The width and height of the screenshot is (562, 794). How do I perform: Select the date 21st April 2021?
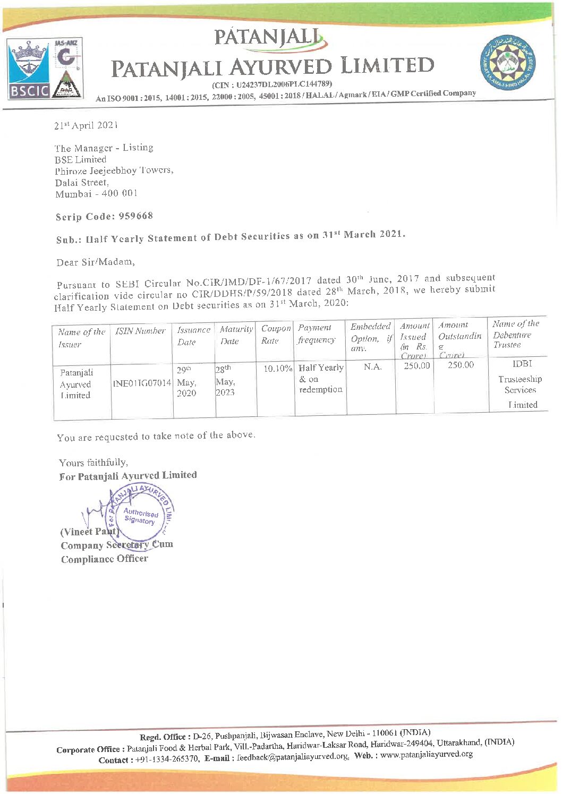coord(86,125)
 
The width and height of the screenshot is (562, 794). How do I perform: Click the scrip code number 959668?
coord(135,216)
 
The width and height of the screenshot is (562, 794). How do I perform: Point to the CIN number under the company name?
coord(272,84)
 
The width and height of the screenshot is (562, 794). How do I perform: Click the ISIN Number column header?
coord(141,331)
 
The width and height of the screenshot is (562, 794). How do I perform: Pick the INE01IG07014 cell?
coord(142,382)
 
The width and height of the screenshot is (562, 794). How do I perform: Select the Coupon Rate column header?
coord(276,334)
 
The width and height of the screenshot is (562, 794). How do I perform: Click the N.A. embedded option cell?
coord(373,366)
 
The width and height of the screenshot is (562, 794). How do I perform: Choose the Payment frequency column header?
coord(317,334)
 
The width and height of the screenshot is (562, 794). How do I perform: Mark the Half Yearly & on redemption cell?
coord(321,378)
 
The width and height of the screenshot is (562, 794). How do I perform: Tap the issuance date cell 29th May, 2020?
coord(186,381)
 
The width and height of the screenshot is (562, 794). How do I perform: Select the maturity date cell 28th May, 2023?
coord(226,381)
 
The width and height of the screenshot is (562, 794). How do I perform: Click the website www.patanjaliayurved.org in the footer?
coord(426,754)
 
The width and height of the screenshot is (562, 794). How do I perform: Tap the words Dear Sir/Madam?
coord(96,262)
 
